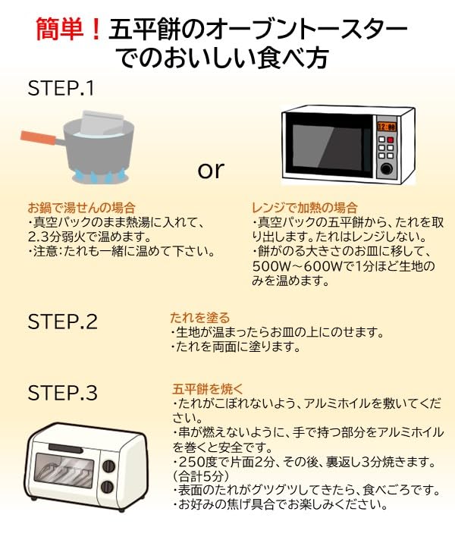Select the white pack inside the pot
[103, 122]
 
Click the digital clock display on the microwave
[387, 127]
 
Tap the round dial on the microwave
[387, 166]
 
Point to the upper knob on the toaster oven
[108, 465]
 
